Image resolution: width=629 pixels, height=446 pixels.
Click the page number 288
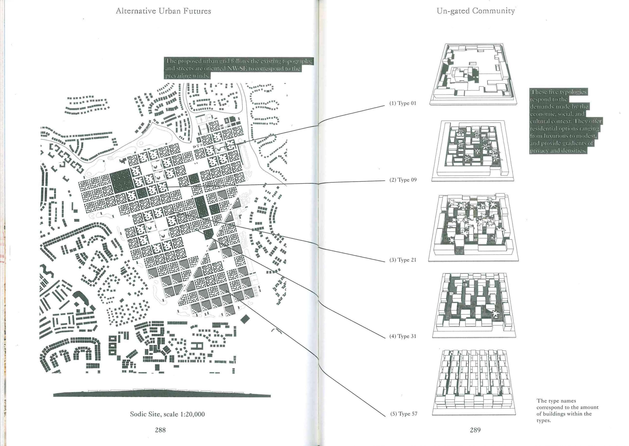160,430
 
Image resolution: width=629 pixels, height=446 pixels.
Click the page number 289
475,430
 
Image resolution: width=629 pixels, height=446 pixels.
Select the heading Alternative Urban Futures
163,11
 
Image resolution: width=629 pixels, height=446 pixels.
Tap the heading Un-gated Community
476,11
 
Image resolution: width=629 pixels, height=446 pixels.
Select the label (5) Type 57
404,414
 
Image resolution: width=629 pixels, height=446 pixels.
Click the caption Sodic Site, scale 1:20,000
167,414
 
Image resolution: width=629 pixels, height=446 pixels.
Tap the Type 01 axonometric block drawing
473,74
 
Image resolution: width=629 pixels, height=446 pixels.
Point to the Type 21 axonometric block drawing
473,228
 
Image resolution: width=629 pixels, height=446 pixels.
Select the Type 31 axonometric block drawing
474,305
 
